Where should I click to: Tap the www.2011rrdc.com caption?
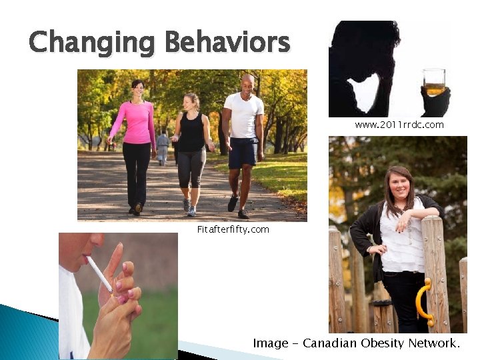pyautogui.click(x=399, y=125)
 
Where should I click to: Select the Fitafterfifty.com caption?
pyautogui.click(x=233, y=229)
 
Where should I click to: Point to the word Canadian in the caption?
pyautogui.click(x=329, y=343)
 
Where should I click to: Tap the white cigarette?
pyautogui.click(x=101, y=273)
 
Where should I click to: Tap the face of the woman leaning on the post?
pyautogui.click(x=399, y=183)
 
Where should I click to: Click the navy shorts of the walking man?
pyautogui.click(x=242, y=153)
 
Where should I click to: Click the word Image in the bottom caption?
pyautogui.click(x=271, y=343)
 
